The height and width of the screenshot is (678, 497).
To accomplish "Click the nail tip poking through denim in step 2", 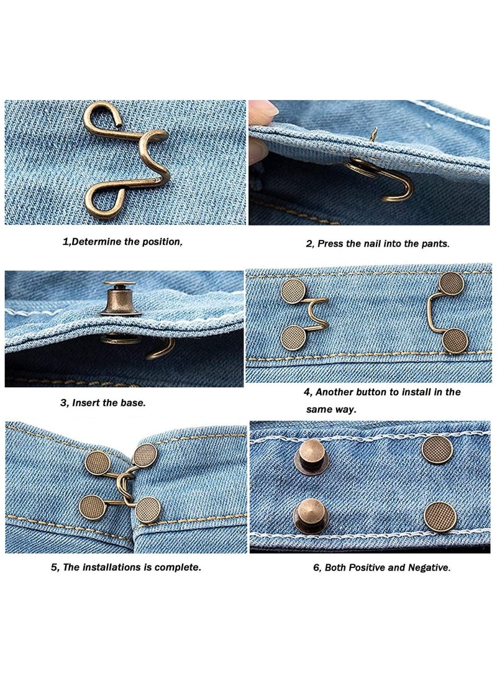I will pyautogui.click(x=375, y=132).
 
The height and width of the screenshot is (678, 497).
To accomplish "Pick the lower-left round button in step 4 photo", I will pyautogui.click(x=293, y=337).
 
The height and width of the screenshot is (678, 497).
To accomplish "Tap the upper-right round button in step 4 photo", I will pyautogui.click(x=451, y=284).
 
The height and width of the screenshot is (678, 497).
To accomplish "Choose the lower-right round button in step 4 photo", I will pyautogui.click(x=455, y=341).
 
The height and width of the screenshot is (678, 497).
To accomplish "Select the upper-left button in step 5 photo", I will pyautogui.click(x=97, y=464).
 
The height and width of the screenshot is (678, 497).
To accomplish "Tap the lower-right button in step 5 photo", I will pyautogui.click(x=148, y=510).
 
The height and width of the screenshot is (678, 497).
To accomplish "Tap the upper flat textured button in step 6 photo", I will pyautogui.click(x=436, y=449).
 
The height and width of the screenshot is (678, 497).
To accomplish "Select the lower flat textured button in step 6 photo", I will pyautogui.click(x=440, y=516).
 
